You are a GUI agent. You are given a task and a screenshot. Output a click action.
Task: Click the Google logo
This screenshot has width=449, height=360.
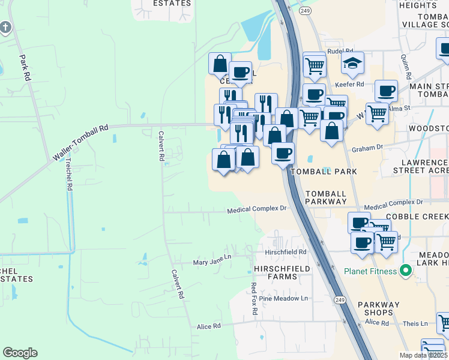click(20, 353)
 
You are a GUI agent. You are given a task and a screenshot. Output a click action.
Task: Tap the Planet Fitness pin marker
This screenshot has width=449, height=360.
click(405, 271)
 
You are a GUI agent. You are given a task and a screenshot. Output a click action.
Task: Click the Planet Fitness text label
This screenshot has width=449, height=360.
click(370, 271)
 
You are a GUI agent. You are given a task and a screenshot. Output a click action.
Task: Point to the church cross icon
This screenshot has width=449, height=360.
click(5, 27)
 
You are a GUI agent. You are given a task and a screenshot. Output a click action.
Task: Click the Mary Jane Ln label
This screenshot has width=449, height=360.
click(212, 263)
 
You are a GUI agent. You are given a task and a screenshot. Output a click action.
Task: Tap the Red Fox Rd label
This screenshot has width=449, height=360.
click(254, 299)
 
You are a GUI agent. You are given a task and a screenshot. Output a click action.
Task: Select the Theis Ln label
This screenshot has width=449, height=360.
click(415, 323)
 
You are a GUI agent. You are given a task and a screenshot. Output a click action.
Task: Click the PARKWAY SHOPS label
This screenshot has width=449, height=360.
click(379, 309)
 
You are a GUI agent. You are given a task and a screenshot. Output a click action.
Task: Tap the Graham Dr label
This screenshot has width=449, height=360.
click(367, 148)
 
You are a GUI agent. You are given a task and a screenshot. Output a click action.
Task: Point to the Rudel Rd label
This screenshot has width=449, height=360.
click(340, 52)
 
